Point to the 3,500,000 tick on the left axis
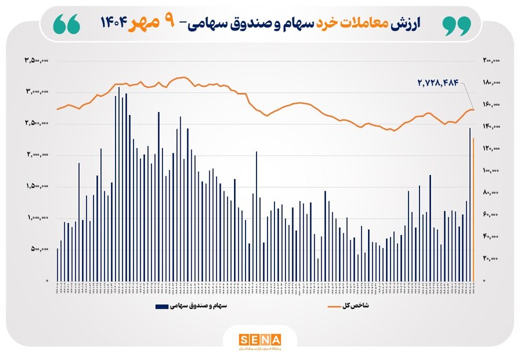pyautogui.click(x=36, y=60)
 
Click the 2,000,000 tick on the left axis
pyautogui.click(x=36, y=155)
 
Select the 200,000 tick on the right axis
pyautogui.click(x=491, y=60)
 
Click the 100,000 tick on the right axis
pyautogui.click(x=491, y=171)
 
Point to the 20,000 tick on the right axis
pyautogui.click(x=492, y=259)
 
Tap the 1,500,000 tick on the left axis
pyautogui.click(x=36, y=187)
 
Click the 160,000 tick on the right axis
pyautogui.click(x=491, y=105)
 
